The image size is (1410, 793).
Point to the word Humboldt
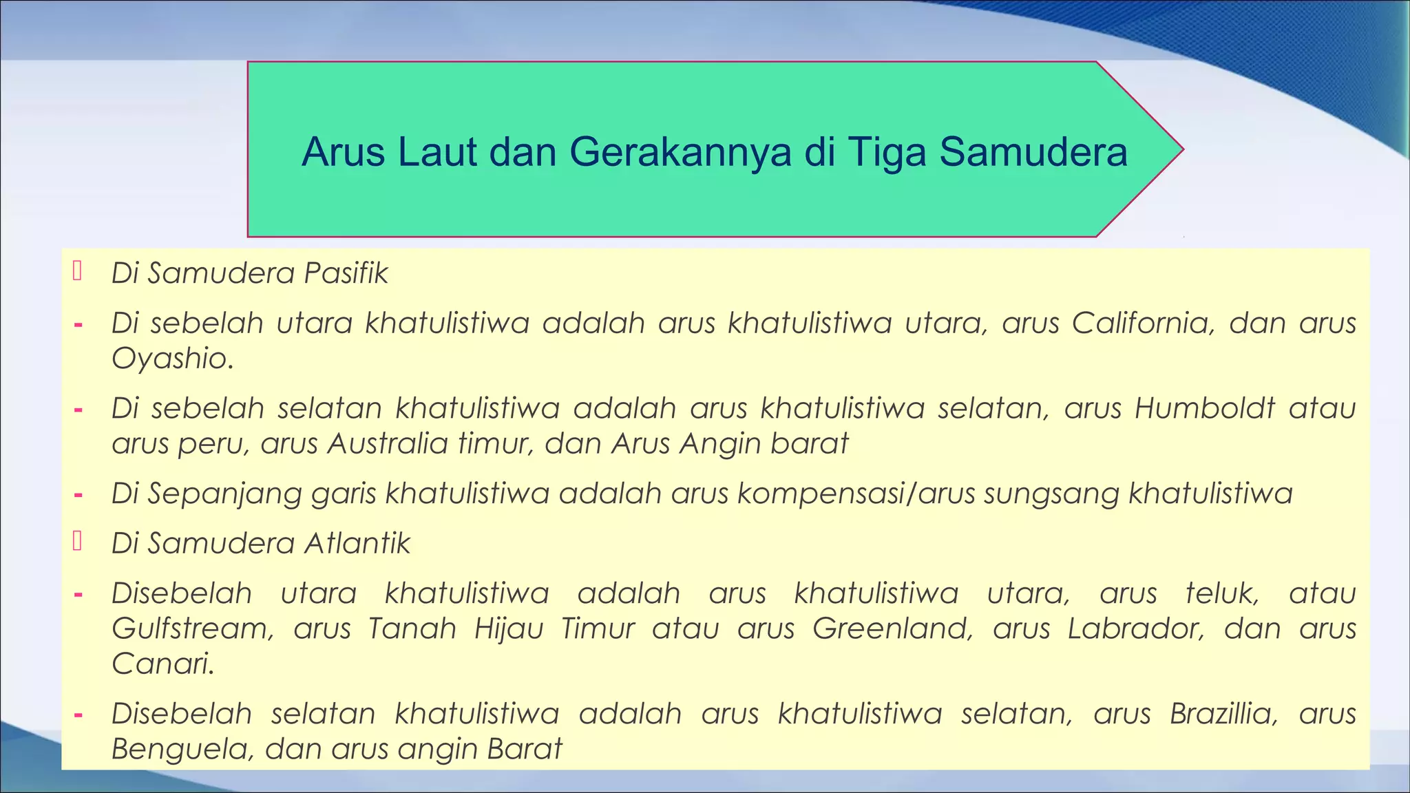tap(1205, 408)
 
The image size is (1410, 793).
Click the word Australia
tap(388, 443)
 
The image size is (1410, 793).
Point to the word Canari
tap(162, 664)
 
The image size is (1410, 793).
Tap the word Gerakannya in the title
tap(680, 152)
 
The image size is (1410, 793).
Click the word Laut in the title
tap(437, 152)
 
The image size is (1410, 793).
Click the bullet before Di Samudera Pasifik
tap(78, 272)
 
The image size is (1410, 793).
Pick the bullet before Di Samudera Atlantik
tap(78, 542)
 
